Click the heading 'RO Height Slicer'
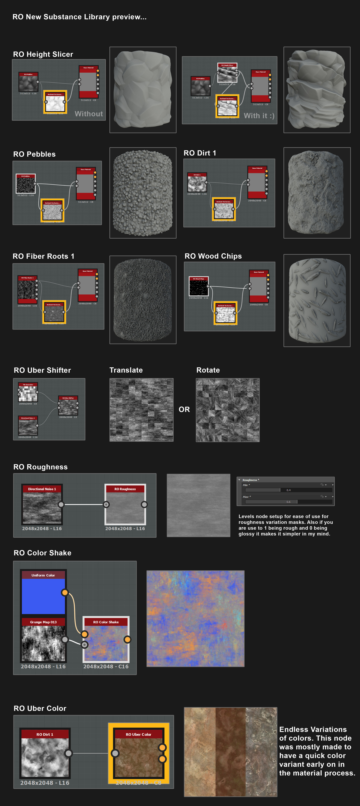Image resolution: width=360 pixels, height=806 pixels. pos(43,54)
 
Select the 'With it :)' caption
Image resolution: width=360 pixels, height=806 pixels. pos(259,116)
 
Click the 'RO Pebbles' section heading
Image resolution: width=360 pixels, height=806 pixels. pos(34,154)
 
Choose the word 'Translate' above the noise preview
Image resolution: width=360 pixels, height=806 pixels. pos(126,370)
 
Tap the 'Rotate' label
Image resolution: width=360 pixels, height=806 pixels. pos(208,370)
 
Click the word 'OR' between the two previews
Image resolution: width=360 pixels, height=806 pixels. pos(184,410)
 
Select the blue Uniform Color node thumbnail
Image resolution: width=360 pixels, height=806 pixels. pos(43,596)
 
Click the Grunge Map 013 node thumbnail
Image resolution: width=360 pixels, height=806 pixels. pos(43,643)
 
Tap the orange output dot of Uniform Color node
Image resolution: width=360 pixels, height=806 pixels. pos(65,592)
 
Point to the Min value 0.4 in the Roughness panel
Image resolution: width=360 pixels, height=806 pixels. pos(288,490)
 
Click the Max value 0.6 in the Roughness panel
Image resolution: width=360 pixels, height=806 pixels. pos(288,502)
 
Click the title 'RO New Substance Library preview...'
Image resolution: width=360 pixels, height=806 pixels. pos(79,17)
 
